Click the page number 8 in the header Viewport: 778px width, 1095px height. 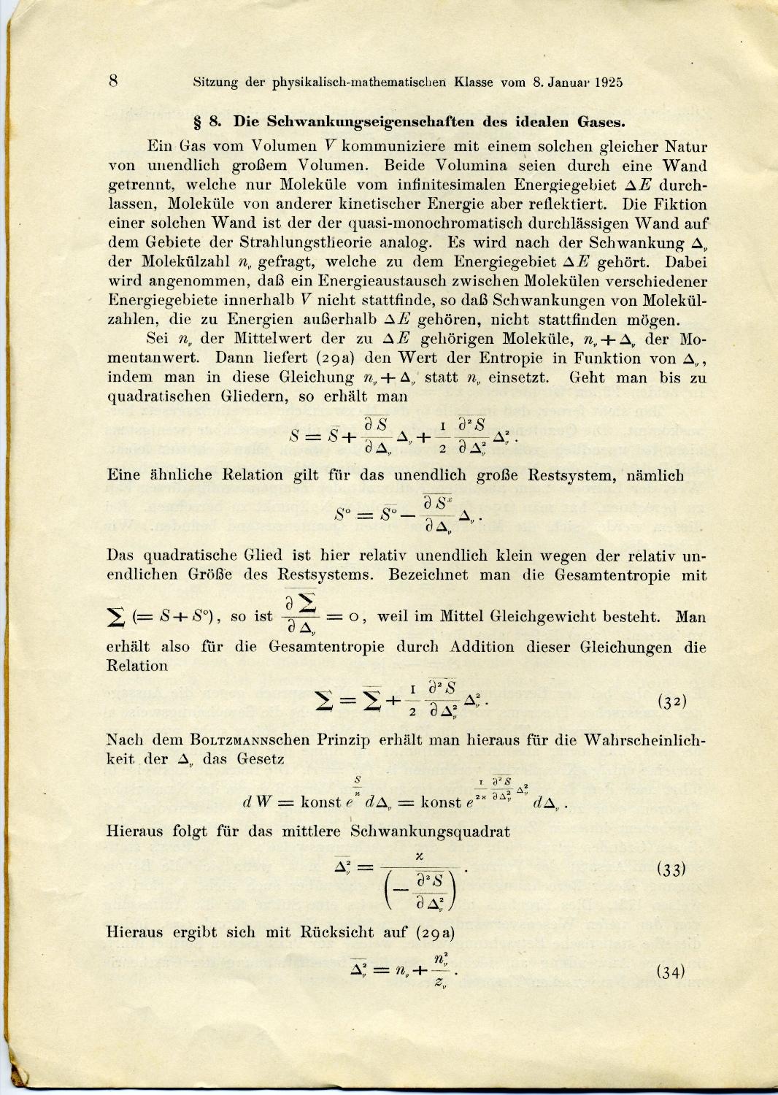[114, 80]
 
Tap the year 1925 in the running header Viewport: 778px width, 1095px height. [608, 82]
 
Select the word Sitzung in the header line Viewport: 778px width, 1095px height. [215, 82]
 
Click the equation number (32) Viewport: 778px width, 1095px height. [671, 702]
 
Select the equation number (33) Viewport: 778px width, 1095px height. [671, 869]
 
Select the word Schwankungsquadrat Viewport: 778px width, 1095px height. [430, 831]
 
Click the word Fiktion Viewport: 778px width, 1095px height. [680, 204]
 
